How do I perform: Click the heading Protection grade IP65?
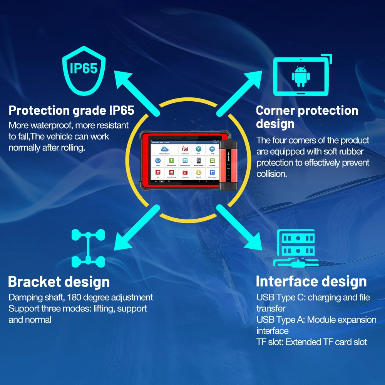click(71, 110)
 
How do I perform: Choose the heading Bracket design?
click(59, 281)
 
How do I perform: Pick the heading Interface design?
click(311, 281)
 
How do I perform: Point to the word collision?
click(272, 174)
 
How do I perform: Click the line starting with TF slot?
click(311, 342)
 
